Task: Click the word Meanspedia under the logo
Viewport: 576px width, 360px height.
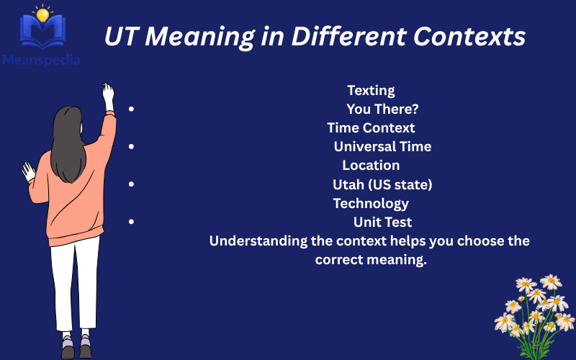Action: (x=40, y=60)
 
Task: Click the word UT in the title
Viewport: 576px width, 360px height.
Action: (x=122, y=37)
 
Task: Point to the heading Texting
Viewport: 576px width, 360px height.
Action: (x=371, y=91)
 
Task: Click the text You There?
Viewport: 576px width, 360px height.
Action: (x=382, y=109)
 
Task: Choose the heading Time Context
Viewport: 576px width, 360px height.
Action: (x=371, y=128)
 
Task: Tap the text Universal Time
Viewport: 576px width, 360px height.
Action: (x=382, y=147)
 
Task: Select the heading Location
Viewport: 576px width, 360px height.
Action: (x=371, y=166)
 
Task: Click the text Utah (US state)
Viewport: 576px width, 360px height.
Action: (x=382, y=184)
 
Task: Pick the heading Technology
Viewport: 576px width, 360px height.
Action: (x=371, y=203)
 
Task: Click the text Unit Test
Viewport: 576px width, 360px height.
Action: (x=382, y=222)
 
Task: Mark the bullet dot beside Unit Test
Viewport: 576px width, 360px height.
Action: (x=131, y=222)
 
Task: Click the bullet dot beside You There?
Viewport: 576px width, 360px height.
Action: (x=131, y=109)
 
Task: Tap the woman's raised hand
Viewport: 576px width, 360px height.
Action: (x=108, y=94)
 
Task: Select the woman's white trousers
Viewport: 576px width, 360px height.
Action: (x=75, y=281)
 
